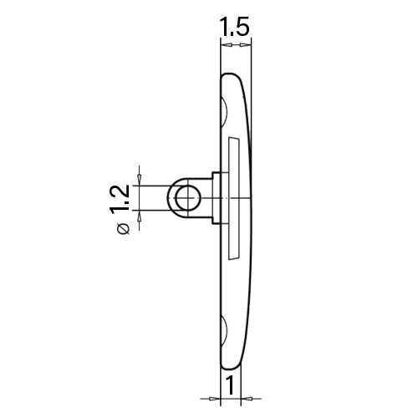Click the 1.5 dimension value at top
coord(234,27)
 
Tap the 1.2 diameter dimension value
coord(120,199)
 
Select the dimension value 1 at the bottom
coord(230,385)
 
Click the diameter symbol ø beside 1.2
coord(124,228)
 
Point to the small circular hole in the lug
coord(188,198)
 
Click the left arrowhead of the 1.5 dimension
coord(228,44)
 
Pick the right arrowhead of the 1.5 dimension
coord(244,44)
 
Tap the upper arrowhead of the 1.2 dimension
coord(140,178)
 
